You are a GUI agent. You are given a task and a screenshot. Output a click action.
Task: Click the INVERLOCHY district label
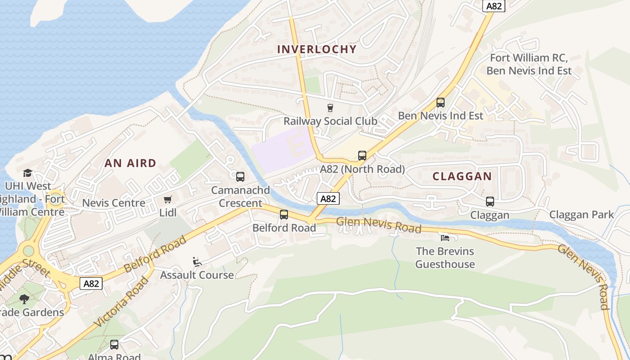click(317, 49)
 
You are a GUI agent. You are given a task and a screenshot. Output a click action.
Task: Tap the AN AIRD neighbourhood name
click(130, 163)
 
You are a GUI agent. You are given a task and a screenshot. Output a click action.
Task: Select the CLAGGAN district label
click(462, 176)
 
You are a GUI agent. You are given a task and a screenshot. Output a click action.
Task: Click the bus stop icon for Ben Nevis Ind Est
click(441, 103)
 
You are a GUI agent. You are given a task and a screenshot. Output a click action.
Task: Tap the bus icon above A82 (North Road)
click(362, 156)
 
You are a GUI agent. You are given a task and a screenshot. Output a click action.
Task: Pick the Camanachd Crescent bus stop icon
click(240, 177)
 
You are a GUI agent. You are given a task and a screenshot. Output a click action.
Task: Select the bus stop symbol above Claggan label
click(490, 202)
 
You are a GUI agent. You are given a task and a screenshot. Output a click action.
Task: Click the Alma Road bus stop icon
click(114, 345)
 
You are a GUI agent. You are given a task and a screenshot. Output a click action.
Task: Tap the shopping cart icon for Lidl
click(168, 199)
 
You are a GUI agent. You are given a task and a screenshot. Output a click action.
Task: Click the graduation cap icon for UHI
click(27, 173)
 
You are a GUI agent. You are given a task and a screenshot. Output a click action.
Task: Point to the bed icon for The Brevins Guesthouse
click(445, 238)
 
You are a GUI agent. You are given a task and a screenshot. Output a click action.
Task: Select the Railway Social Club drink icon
click(330, 108)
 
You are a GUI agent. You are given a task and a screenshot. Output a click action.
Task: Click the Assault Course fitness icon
click(197, 261)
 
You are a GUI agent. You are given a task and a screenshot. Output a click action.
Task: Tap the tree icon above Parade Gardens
click(24, 299)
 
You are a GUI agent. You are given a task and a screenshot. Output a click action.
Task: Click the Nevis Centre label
click(113, 203)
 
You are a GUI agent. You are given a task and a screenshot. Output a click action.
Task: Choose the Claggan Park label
click(581, 215)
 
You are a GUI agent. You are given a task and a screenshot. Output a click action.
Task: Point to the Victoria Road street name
click(122, 302)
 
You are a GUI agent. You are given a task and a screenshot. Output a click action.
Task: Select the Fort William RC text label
click(529, 58)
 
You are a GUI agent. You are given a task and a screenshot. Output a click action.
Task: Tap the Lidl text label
click(168, 212)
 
